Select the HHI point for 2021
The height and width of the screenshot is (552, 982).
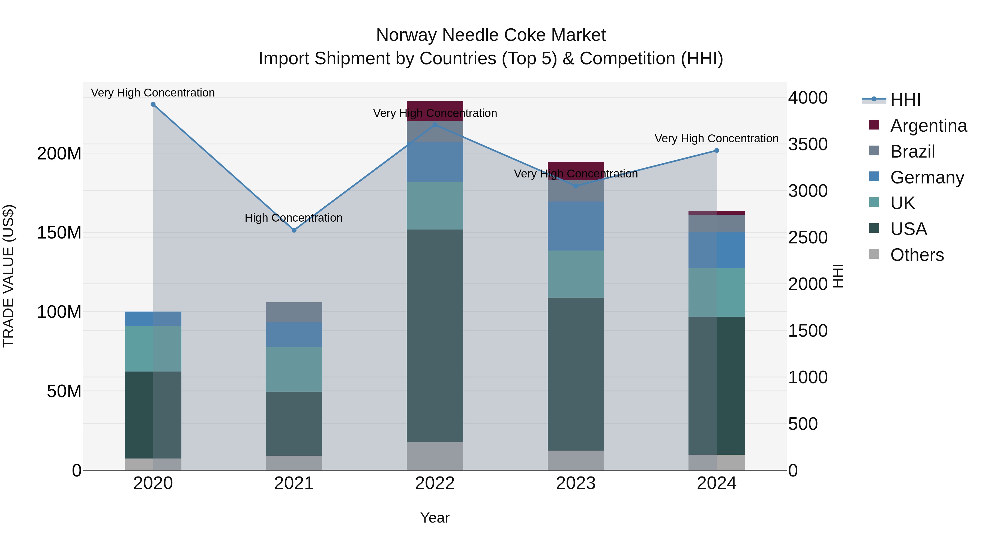click(294, 230)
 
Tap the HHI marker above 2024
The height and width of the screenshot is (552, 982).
click(717, 151)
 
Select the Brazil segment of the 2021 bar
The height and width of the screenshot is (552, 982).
click(294, 312)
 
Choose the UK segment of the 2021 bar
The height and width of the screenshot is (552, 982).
click(294, 369)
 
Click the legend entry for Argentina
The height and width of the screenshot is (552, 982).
click(928, 126)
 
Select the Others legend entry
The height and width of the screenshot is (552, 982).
click(917, 255)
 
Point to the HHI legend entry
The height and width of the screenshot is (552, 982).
click(905, 100)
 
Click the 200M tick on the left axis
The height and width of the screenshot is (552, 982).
click(59, 153)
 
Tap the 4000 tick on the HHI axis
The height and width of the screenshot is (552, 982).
click(808, 98)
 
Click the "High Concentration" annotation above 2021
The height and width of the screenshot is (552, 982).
click(294, 218)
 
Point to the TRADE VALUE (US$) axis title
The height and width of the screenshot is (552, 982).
click(9, 276)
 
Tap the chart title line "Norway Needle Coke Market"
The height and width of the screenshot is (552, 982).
click(491, 35)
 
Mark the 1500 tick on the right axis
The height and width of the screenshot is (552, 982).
click(808, 331)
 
